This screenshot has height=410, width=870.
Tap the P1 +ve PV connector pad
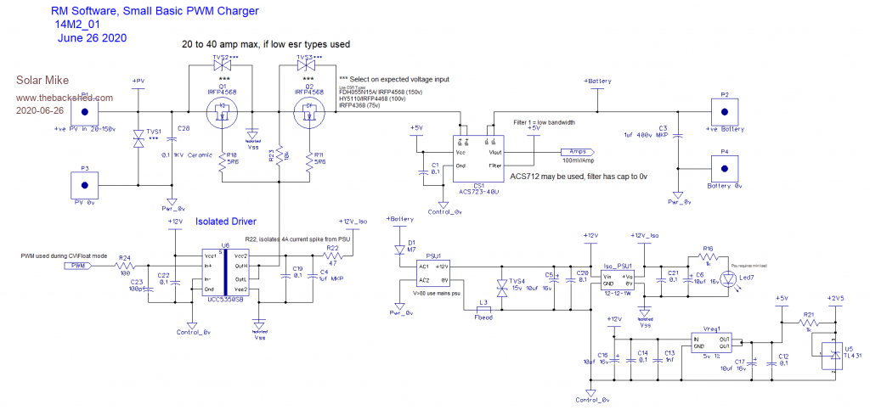[x=85, y=112]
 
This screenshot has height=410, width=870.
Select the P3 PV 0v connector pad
[x=85, y=183]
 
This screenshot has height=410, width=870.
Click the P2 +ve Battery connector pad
[x=724, y=112]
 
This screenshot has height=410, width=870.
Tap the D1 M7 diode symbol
[x=400, y=250]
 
